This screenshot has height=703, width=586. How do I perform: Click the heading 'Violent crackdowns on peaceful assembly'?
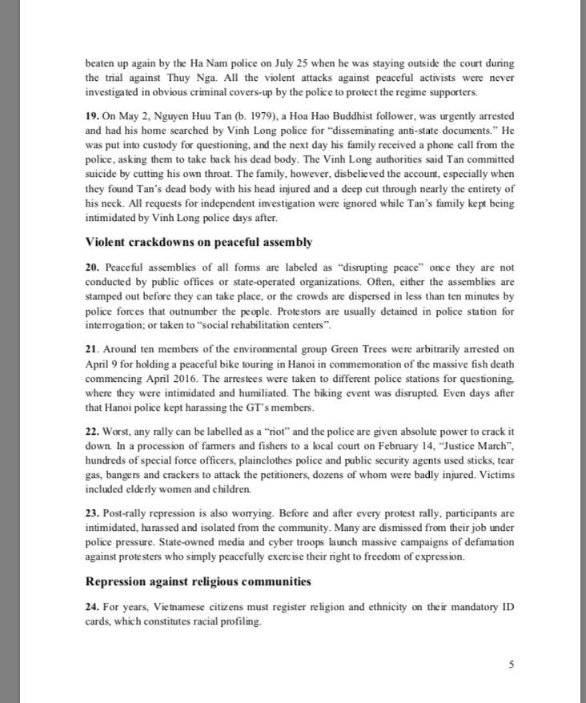click(198, 242)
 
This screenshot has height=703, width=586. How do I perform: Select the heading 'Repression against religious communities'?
click(198, 580)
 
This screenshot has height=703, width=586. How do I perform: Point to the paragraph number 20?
click(91, 265)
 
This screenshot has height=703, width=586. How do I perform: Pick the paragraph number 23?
click(91, 512)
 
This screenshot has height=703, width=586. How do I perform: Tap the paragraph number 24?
click(91, 606)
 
